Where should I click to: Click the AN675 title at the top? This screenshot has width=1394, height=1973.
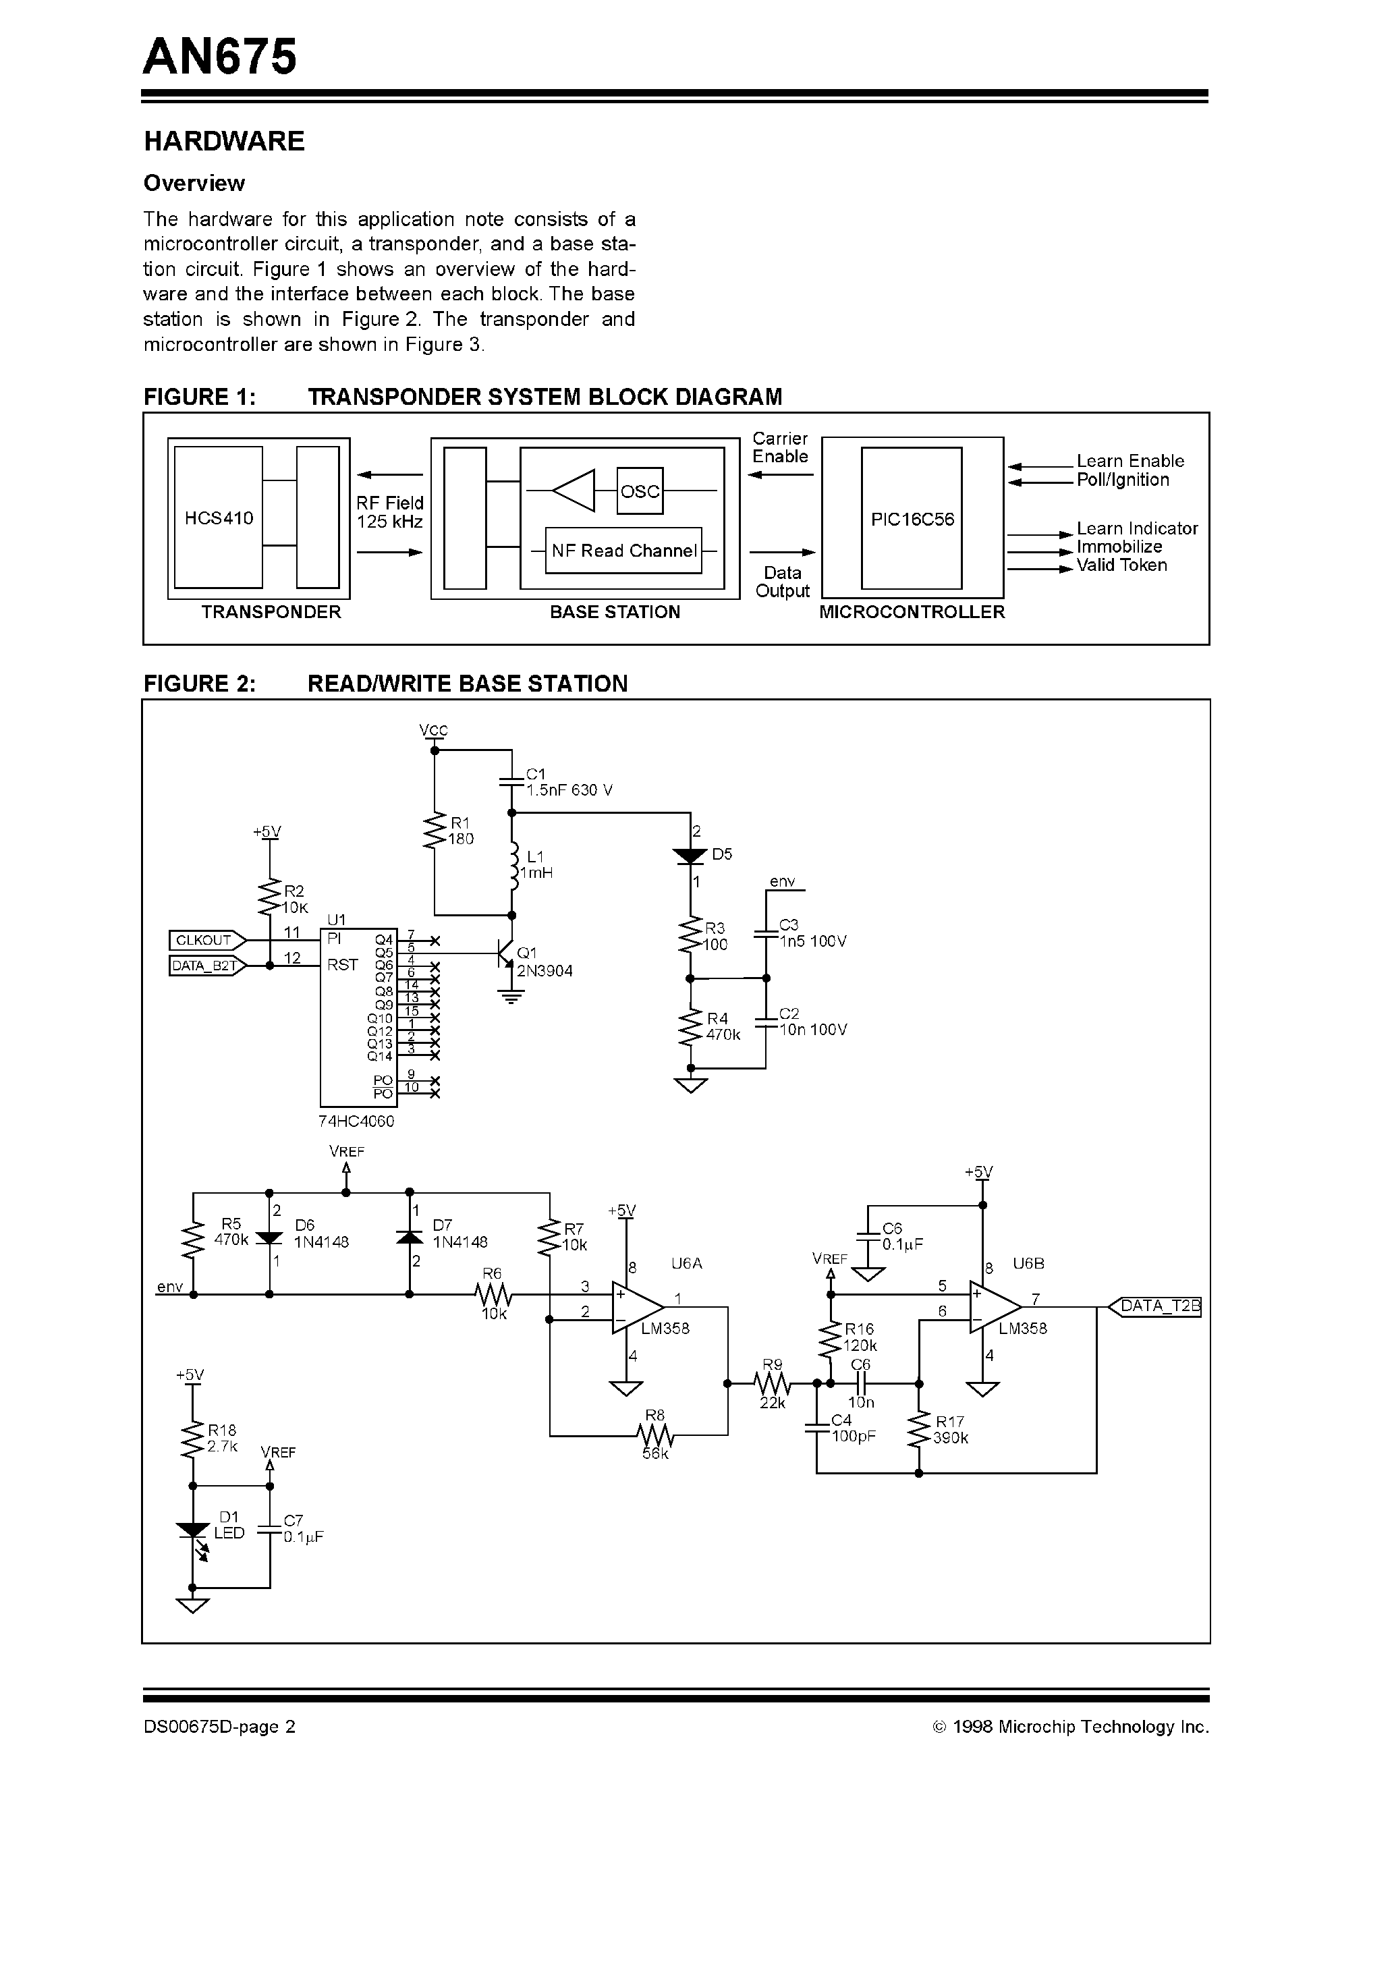pos(220,57)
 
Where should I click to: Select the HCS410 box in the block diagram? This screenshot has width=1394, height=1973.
pos(219,518)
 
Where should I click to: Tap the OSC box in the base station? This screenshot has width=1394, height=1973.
pos(640,491)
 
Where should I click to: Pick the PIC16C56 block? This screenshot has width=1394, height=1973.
pos(911,519)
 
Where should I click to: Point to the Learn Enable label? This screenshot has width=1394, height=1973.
pos(1130,461)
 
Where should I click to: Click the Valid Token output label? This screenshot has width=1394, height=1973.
pos(1121,565)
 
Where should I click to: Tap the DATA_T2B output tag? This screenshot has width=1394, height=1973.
pos(1159,1306)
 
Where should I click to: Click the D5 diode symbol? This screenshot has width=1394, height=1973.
pos(690,856)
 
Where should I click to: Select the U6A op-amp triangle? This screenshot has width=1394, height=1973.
pos(636,1307)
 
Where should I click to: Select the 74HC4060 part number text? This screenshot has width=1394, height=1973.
pos(356,1121)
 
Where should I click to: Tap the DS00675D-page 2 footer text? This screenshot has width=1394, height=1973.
pos(219,1727)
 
